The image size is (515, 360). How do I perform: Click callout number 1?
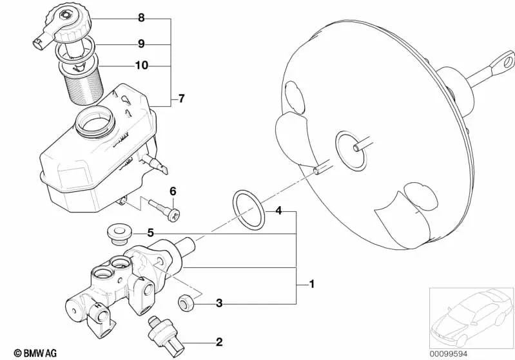(x=312, y=283)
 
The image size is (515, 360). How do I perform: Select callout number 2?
(x=219, y=342)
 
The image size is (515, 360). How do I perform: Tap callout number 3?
(x=219, y=303)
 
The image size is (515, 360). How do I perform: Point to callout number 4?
(x=278, y=211)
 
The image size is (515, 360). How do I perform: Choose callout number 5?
(x=150, y=232)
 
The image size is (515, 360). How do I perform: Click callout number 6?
(x=173, y=191)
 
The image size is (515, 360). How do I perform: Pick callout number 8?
(x=141, y=18)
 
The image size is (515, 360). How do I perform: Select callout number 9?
(x=141, y=44)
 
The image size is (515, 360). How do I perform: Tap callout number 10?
(x=141, y=65)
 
